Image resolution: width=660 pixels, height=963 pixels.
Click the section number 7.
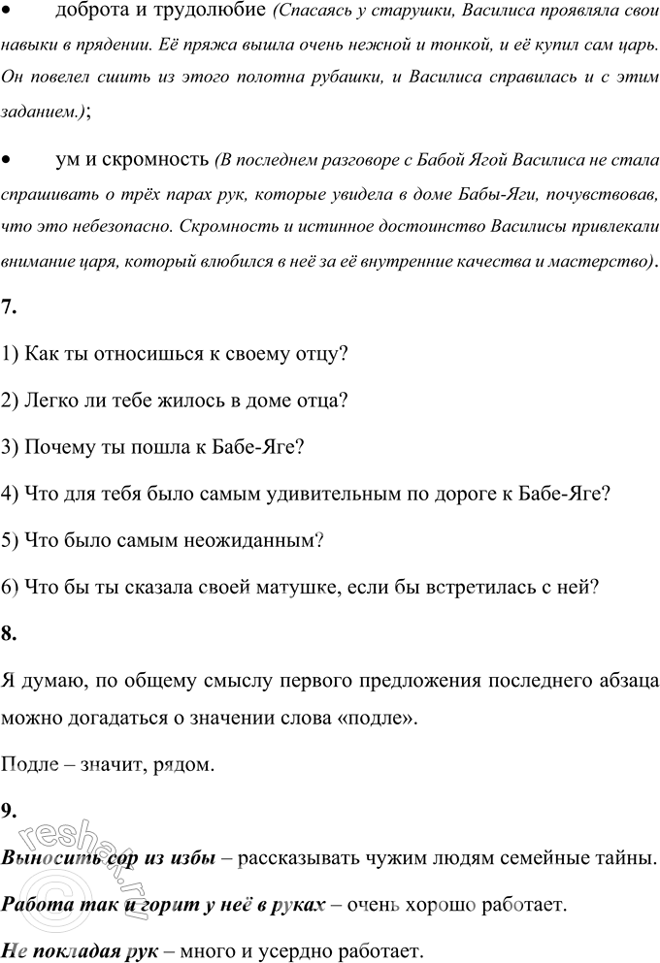pos(9,307)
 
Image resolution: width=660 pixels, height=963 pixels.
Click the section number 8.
pos(9,634)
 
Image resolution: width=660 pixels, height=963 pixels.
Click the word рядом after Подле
pos(181,765)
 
